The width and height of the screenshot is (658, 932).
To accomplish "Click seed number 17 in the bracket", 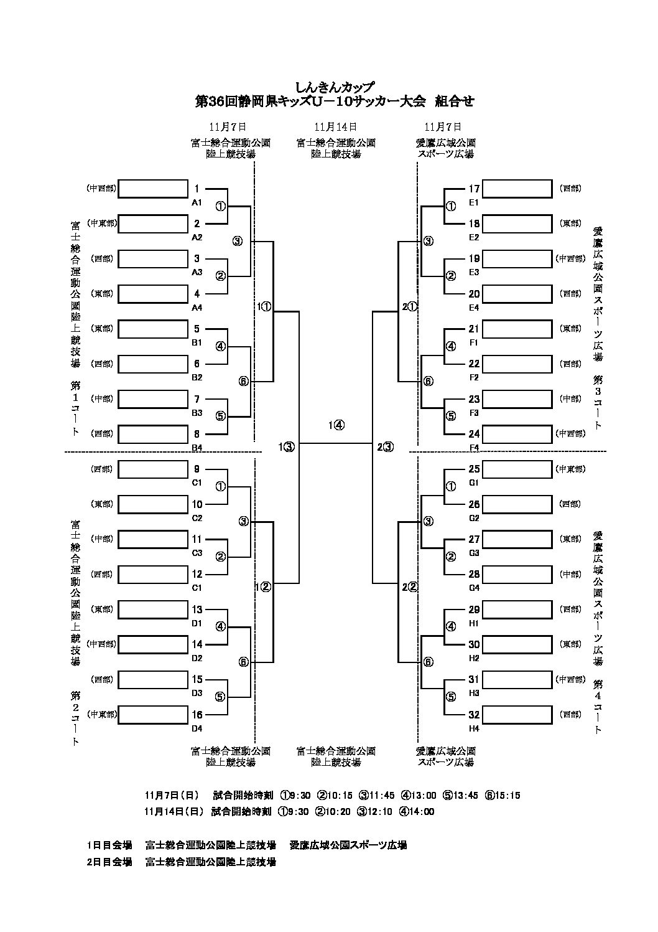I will point(474,189).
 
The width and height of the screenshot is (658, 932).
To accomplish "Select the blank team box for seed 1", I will point(153,189).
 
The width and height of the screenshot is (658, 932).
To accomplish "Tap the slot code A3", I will point(197,272).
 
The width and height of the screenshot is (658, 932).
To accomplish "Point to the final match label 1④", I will point(336,426).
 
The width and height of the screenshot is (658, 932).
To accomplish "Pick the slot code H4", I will point(474,728).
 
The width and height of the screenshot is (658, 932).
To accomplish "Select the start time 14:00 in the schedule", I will point(422,811).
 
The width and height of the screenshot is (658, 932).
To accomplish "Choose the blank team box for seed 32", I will point(517,715).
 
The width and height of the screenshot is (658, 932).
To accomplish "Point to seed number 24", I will point(474,434).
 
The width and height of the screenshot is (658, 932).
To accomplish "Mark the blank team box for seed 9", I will point(153,469).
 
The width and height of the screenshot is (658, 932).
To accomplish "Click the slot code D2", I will point(197,657).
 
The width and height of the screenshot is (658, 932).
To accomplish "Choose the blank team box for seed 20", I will point(517,294).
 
